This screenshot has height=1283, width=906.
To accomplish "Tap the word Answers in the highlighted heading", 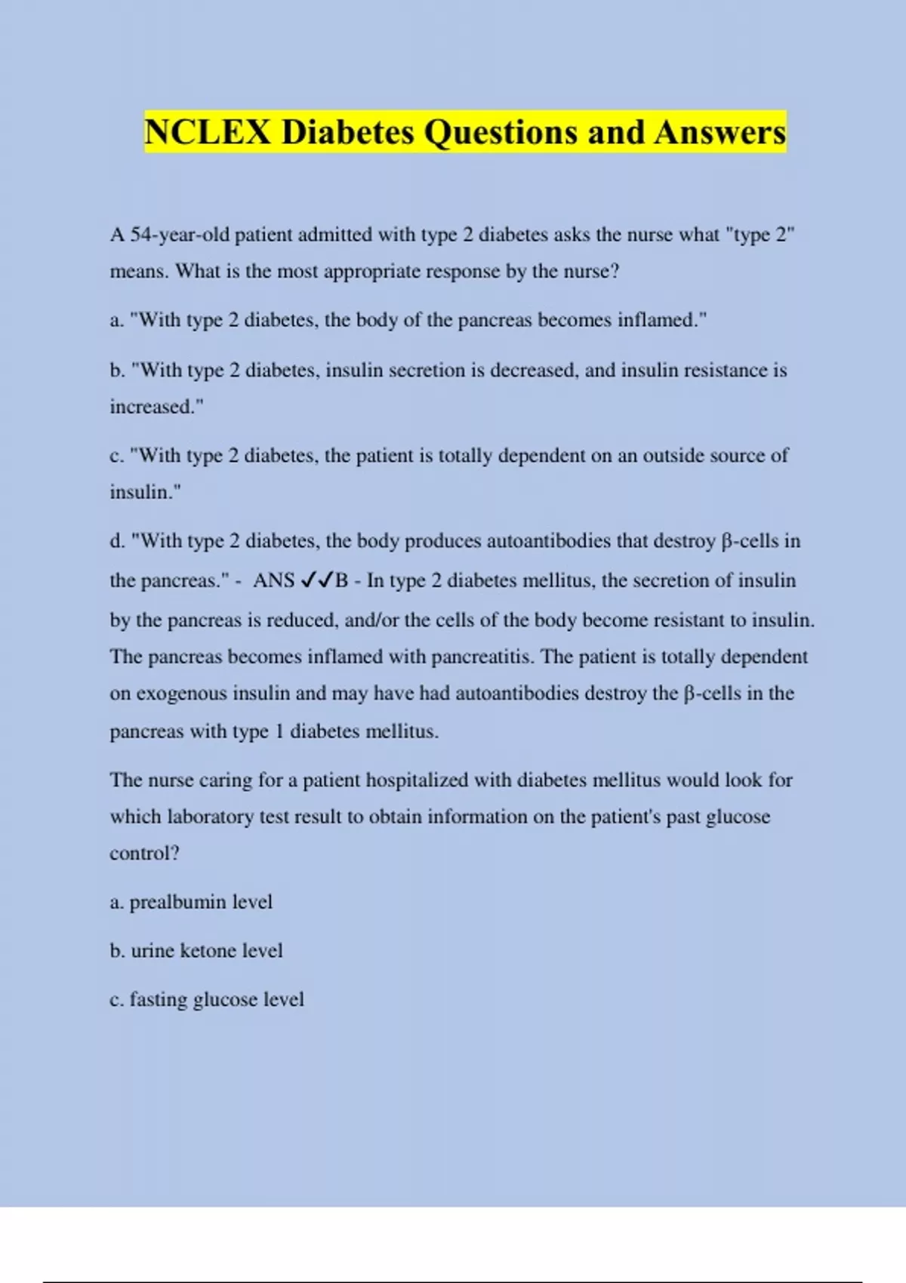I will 720,133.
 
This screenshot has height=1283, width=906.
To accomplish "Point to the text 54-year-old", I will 180,235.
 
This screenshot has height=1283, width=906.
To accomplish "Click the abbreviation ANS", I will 273,580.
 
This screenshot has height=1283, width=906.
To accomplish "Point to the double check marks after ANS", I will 317,580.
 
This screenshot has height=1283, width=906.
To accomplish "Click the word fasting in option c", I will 159,1000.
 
